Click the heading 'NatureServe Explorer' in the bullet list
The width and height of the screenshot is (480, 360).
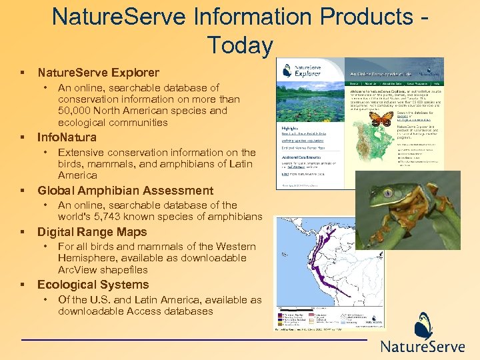tap(98, 73)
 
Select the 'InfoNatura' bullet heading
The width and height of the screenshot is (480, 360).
tap(67, 137)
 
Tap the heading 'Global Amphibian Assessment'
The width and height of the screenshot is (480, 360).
tap(125, 191)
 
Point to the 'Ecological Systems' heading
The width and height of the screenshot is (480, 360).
tap(93, 285)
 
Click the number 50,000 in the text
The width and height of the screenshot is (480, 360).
tap(77, 111)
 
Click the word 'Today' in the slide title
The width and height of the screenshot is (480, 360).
tap(240, 45)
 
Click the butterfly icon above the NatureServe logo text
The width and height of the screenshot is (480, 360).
tap(424, 326)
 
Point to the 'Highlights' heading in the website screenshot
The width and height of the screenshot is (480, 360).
tap(290, 127)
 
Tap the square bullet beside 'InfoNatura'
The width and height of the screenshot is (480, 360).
tap(23, 138)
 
